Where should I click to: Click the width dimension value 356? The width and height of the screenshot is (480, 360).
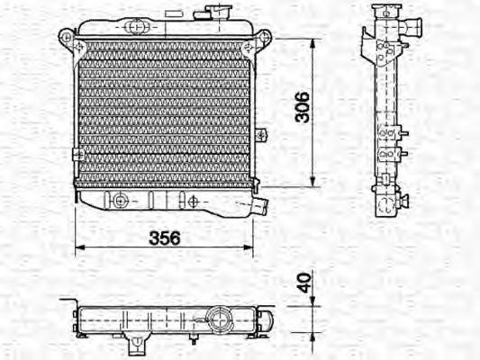click(164, 238)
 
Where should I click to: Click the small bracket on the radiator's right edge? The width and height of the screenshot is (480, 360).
click(260, 135)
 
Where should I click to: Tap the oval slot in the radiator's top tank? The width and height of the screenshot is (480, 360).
click(136, 26)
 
